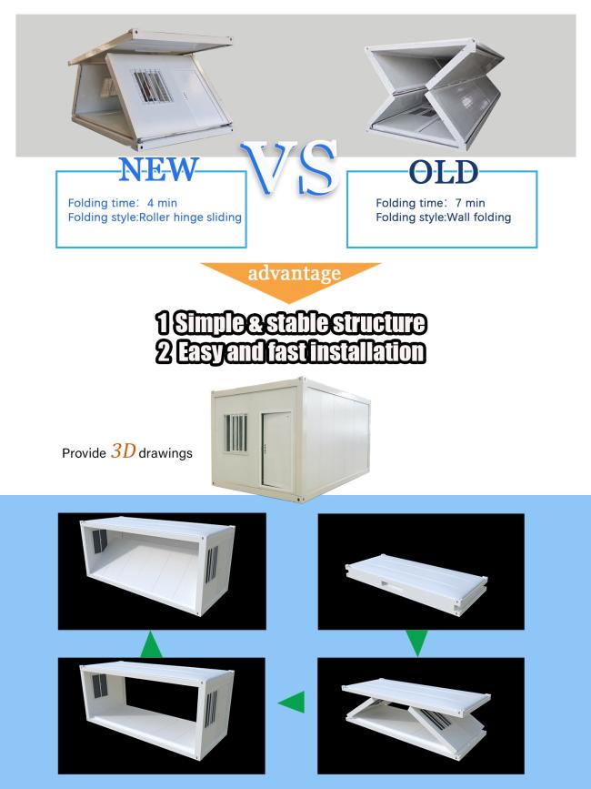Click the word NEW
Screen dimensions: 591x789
point(159,169)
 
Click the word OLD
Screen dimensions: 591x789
point(444,172)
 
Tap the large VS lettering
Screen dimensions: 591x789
point(289,167)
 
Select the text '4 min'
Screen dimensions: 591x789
point(162,203)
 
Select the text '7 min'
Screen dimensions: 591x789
point(470,203)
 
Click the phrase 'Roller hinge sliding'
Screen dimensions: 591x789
point(190,217)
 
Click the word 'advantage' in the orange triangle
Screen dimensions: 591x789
point(294,273)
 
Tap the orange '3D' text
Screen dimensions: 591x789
point(123,450)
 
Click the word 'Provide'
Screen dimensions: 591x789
point(84,453)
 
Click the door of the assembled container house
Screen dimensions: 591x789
point(277,450)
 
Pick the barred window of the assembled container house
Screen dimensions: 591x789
point(235,433)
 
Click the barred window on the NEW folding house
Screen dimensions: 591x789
point(153,86)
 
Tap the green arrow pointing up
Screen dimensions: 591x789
point(151,645)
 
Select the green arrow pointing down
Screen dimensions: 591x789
point(416,642)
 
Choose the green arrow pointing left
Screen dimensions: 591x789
point(292,702)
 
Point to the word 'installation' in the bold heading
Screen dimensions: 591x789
point(366,351)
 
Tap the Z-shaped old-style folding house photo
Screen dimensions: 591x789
point(436,93)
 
